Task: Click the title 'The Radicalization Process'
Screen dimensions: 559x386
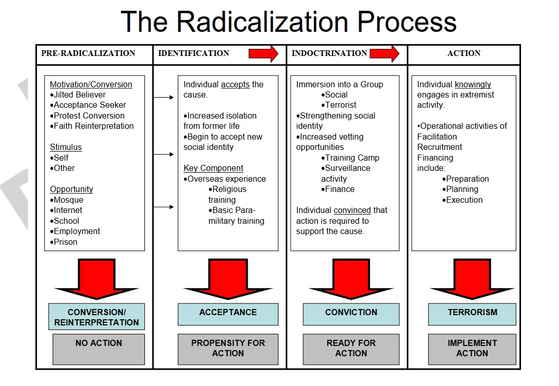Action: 288,22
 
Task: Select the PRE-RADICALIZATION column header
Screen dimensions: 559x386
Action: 88,53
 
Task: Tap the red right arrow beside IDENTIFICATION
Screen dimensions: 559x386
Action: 264,54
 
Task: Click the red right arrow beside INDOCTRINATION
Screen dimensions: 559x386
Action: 385,54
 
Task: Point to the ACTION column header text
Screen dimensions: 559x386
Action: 464,53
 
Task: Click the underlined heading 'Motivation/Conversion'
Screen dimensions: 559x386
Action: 91,84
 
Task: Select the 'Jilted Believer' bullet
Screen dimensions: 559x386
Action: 78,95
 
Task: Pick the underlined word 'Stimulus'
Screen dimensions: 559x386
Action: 66,147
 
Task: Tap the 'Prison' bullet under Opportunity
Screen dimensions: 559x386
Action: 64,242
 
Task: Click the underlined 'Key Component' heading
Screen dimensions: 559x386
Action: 213,168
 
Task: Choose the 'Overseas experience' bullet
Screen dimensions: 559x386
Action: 225,179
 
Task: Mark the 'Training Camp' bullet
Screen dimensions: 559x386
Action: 350,158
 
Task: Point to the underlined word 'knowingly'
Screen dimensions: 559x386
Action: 473,84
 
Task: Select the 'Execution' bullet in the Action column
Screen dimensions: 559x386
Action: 462,200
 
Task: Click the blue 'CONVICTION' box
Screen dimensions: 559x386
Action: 351,314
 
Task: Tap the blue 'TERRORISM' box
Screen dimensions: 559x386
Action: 472,314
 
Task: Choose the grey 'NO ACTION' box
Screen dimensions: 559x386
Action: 99,350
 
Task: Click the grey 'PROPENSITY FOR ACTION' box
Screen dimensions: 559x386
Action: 228,350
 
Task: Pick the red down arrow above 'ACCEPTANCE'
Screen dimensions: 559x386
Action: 228,279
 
